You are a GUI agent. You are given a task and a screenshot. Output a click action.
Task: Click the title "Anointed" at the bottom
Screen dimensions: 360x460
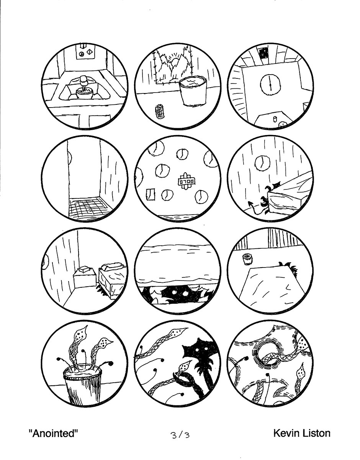point(53,433)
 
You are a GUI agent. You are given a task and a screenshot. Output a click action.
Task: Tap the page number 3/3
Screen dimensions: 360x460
point(180,436)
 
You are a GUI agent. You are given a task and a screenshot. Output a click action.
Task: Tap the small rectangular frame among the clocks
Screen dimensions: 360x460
point(151,194)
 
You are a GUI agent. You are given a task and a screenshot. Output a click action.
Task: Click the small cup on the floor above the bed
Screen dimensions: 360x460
point(247,259)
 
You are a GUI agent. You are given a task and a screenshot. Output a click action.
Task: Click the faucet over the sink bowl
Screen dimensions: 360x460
point(84,82)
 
